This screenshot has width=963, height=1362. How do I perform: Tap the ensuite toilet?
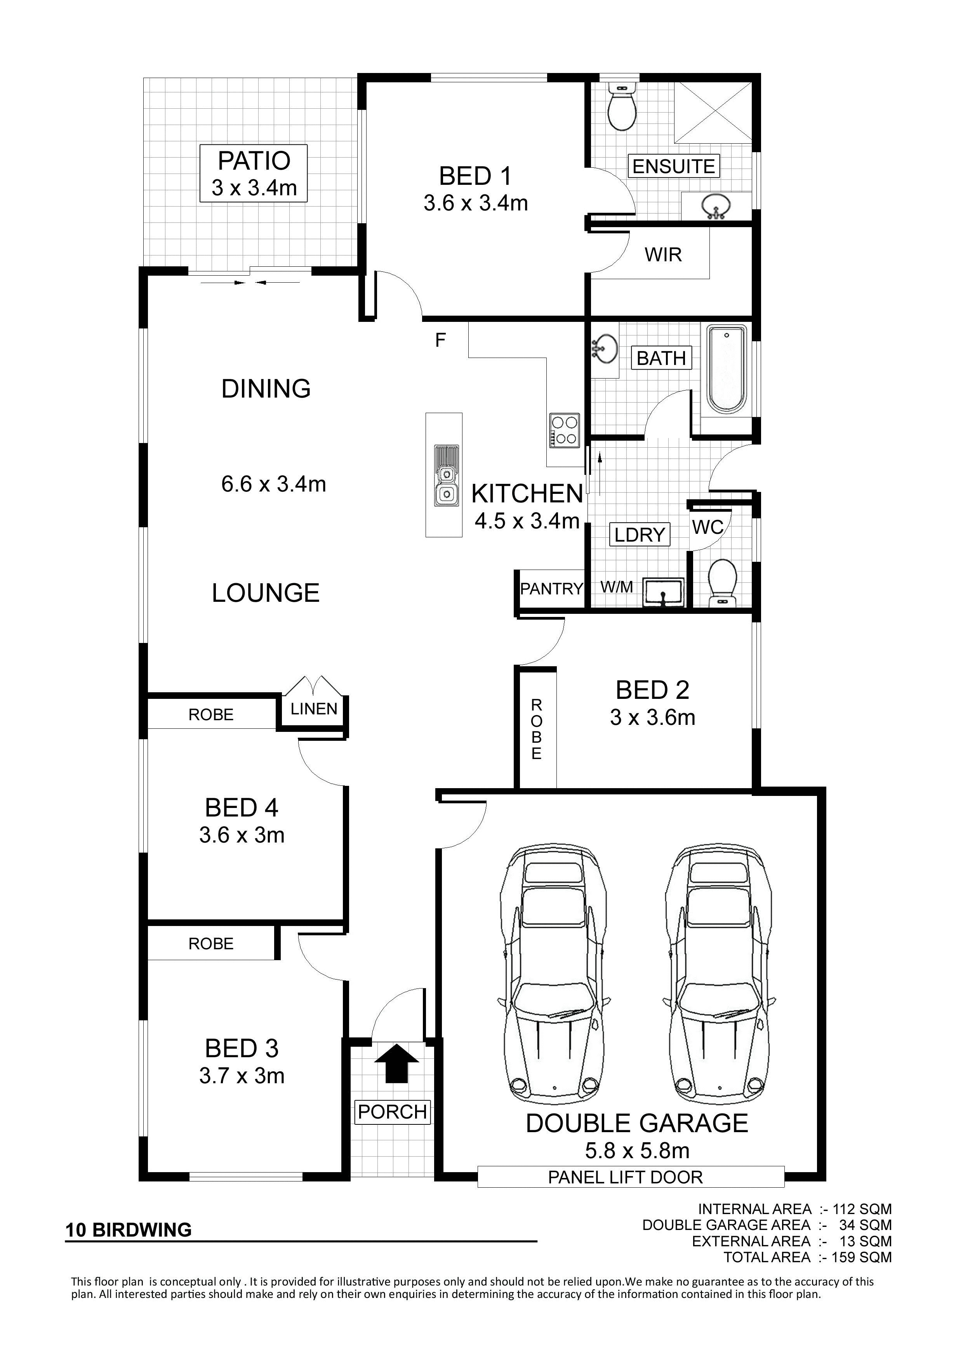tap(622, 106)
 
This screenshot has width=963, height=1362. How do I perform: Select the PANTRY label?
tap(551, 589)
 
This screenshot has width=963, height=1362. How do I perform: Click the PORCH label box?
tap(392, 1112)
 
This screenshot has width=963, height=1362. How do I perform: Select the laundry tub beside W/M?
tap(663, 592)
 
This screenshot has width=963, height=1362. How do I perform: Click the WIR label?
tap(663, 255)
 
